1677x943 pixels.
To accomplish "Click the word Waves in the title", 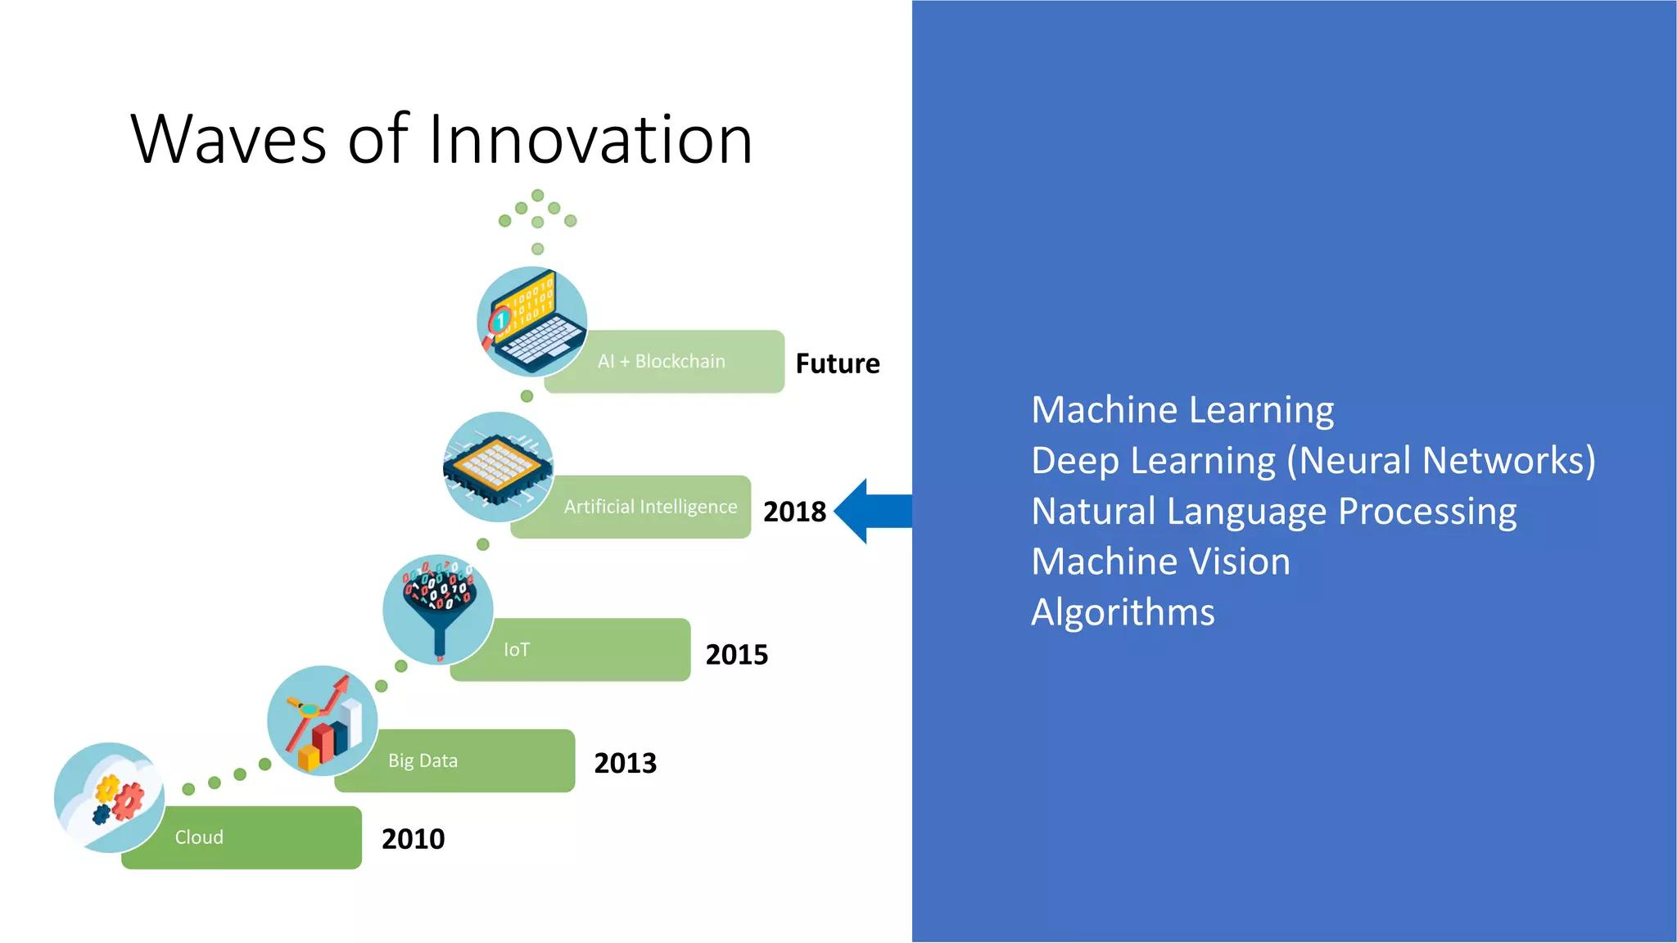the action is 228,139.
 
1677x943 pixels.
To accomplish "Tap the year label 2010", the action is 413,839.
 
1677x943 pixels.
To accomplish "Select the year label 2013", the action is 626,763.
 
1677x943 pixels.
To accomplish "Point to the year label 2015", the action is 737,655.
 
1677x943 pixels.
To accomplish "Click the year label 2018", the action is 794,512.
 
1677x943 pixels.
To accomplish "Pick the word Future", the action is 838,363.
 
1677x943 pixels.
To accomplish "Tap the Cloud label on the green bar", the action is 199,837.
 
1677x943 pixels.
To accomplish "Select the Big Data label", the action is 423,761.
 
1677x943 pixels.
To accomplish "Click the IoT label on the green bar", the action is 517,650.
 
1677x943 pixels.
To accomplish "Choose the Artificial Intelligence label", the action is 650,507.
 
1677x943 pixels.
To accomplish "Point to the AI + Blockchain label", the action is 662,362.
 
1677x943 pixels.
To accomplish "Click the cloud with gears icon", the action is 110,797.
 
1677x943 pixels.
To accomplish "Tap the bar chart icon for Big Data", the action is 323,721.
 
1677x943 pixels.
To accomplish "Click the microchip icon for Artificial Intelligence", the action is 498,467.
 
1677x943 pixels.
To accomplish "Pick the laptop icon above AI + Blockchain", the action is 532,322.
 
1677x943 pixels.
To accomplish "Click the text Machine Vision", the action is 1160,562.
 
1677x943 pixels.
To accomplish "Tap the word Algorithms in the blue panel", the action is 1123,612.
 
